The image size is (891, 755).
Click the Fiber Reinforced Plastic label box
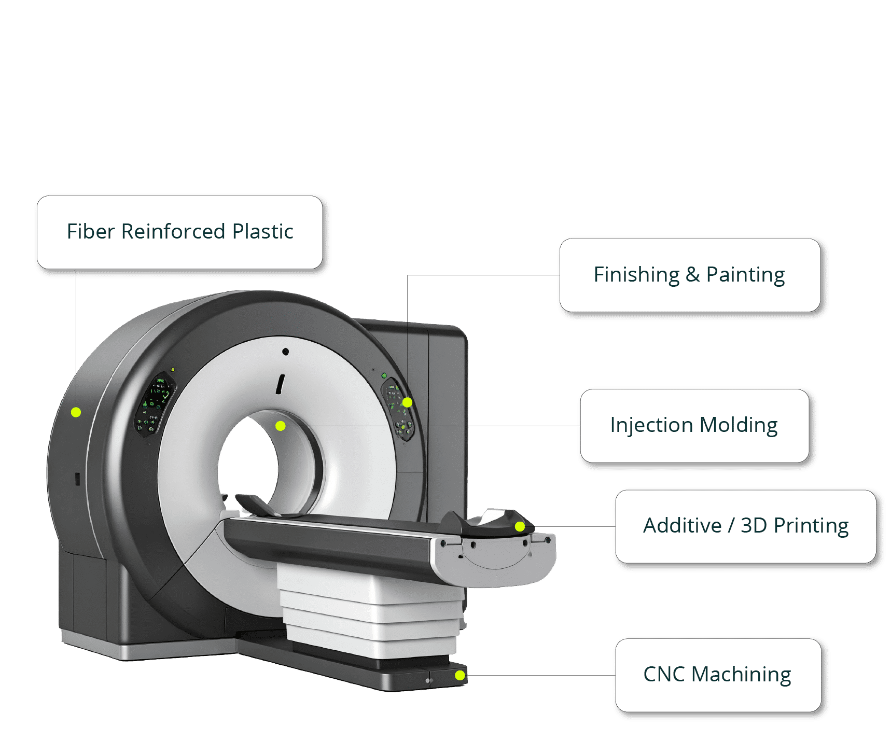[179, 232]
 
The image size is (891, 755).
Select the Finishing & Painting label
[689, 275]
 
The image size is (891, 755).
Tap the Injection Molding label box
[694, 425]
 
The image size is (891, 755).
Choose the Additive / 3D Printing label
[745, 526]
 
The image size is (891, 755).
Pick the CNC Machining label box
[717, 675]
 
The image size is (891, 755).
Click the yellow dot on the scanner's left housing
[76, 412]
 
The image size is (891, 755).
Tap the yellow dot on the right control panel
[408, 402]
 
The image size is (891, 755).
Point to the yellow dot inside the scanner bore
[281, 426]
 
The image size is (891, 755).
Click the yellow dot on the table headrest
[520, 527]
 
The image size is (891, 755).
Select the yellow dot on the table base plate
[460, 675]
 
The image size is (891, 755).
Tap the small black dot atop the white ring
[285, 352]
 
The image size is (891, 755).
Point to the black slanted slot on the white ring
[281, 384]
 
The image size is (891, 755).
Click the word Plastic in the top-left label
[262, 232]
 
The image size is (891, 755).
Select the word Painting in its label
[745, 275]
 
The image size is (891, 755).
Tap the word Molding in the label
[739, 425]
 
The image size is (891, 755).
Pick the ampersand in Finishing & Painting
[693, 275]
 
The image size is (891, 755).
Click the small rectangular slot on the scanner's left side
[77, 479]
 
